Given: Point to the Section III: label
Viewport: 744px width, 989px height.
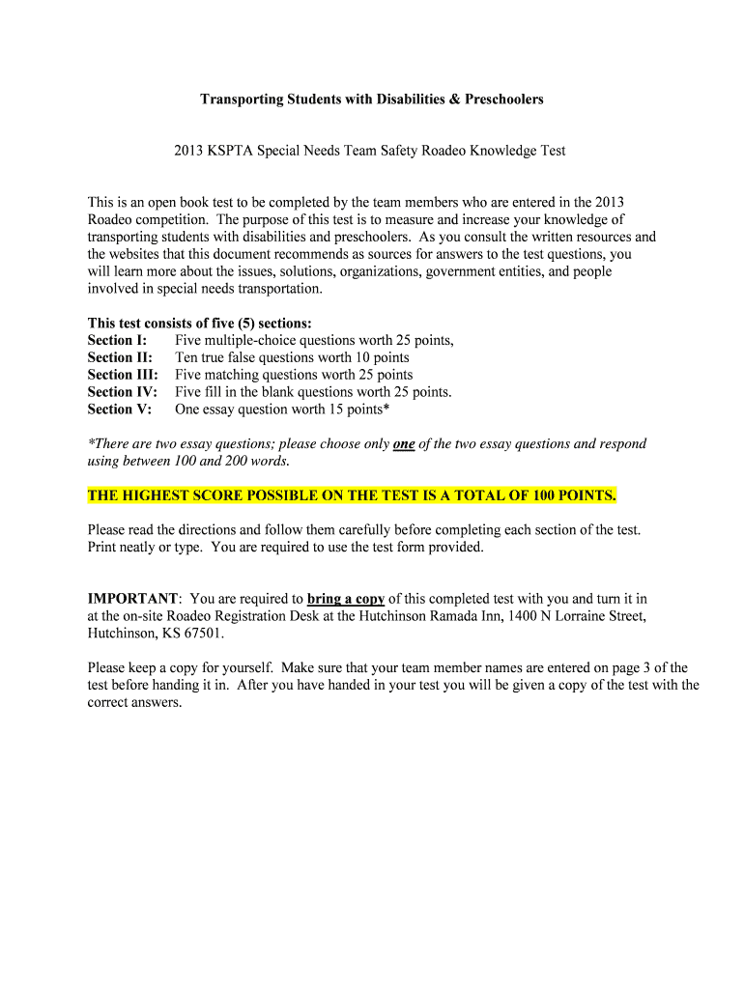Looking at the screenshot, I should coord(123,375).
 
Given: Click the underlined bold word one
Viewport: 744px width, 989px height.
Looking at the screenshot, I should coord(404,444).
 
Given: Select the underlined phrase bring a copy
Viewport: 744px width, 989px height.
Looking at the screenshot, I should coord(346,599).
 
